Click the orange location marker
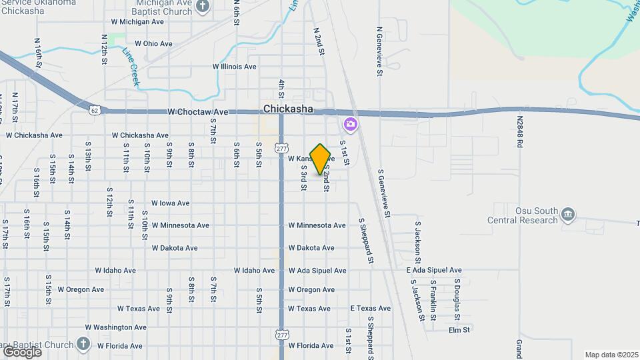click(321, 159)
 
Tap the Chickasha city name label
click(288, 109)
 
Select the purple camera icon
click(350, 125)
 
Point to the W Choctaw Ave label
click(198, 112)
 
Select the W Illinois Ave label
click(234, 67)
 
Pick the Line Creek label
click(131, 66)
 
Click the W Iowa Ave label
click(170, 203)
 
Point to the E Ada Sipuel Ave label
click(434, 270)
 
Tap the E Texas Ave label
click(371, 309)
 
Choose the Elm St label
click(459, 330)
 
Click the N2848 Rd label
click(519, 132)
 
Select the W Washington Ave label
click(115, 327)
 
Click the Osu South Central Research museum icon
click(567, 214)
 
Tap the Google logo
click(22, 351)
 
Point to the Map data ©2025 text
click(611, 355)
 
